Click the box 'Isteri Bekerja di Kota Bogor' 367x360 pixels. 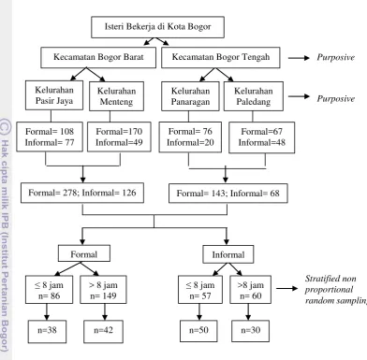click(157, 27)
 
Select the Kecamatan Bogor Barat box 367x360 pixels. click(98, 57)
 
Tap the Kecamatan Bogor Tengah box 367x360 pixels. click(221, 57)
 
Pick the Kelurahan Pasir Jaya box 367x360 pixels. click(54, 95)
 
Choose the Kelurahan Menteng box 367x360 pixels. click(116, 96)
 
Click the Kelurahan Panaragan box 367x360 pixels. click(190, 96)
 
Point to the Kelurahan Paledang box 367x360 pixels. click(254, 96)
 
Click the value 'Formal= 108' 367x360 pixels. click(50, 132)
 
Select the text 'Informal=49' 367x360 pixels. click(119, 143)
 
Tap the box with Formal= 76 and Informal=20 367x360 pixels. click(190, 137)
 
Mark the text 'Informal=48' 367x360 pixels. click(262, 143)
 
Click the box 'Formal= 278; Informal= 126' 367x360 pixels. click(82, 193)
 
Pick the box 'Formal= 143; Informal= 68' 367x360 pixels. click(228, 194)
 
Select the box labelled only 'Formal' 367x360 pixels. click(84, 253)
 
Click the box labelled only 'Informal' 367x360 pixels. click(228, 254)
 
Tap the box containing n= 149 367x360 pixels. click(103, 290)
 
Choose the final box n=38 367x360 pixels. click(47, 332)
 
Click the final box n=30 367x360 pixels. click(250, 331)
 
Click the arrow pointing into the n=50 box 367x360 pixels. click(199, 311)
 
